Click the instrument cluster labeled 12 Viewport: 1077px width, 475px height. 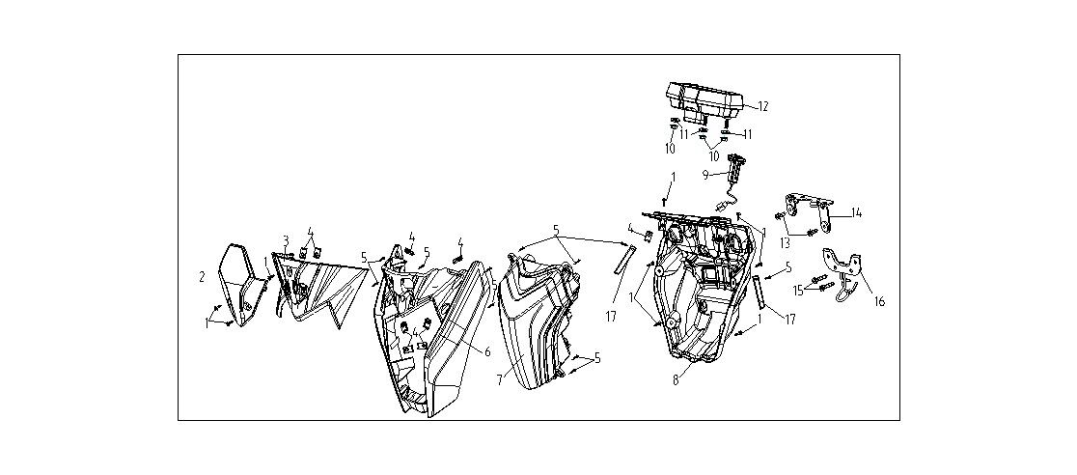[x=702, y=99]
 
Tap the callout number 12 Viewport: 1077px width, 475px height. [x=762, y=106]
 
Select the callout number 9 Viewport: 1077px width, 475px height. [x=705, y=175]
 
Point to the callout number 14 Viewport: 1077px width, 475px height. [x=857, y=213]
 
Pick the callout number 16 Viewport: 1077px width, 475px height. [x=878, y=301]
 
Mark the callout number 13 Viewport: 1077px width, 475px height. [x=785, y=241]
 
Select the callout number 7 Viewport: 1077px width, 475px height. [x=500, y=380]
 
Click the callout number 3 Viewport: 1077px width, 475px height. [x=286, y=239]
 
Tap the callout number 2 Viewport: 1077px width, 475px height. [x=202, y=277]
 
